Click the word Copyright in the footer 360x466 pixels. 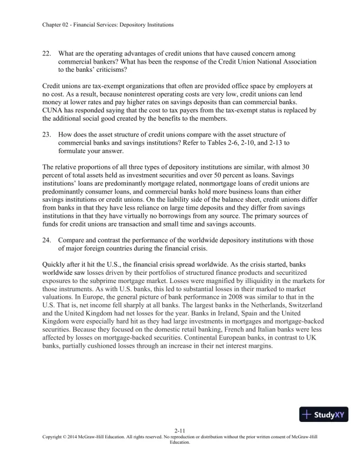(x=56, y=438)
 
